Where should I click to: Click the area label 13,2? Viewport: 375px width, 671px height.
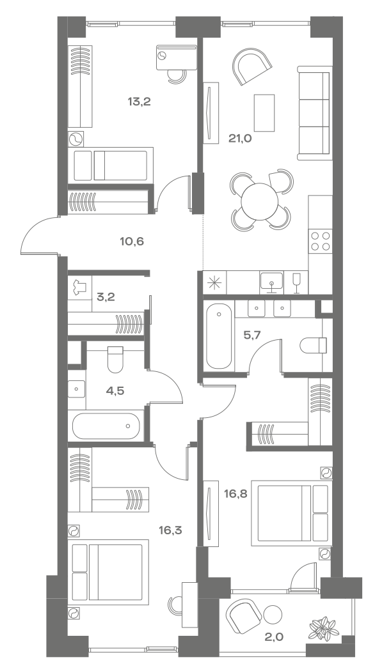click(138, 101)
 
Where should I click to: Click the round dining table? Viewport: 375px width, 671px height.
click(260, 201)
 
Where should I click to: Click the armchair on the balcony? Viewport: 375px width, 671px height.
click(244, 617)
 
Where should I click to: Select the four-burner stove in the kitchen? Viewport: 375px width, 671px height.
click(320, 241)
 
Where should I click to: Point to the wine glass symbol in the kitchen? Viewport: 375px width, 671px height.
click(296, 282)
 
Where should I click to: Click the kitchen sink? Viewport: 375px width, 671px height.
click(272, 282)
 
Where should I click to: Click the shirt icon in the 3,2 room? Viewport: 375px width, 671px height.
click(79, 288)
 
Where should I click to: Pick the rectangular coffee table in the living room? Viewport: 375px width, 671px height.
click(264, 112)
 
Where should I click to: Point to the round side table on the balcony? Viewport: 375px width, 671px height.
click(273, 613)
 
